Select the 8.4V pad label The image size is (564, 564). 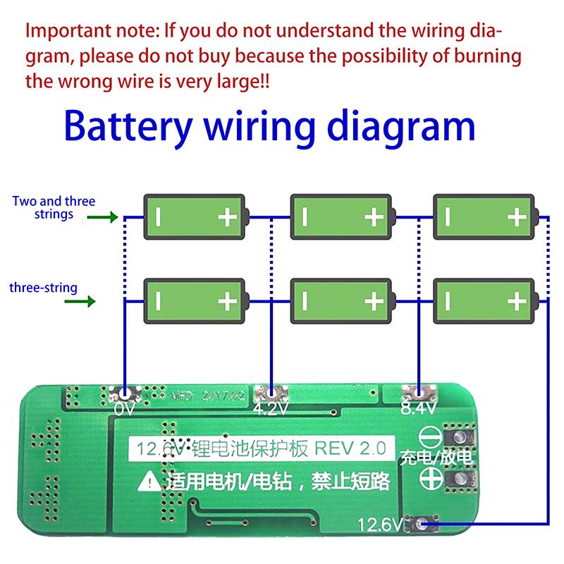click(416, 409)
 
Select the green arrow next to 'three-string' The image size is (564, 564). click(84, 302)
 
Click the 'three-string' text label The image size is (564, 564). click(44, 288)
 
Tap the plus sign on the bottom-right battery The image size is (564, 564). click(517, 302)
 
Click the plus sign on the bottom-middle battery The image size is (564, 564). click(373, 302)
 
